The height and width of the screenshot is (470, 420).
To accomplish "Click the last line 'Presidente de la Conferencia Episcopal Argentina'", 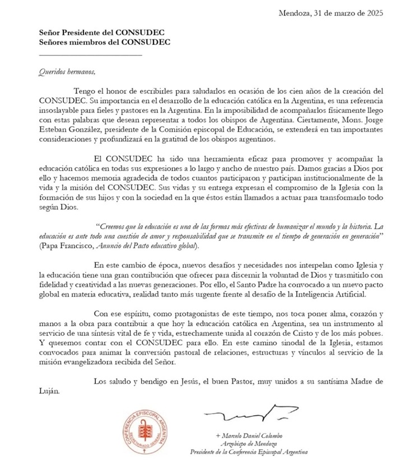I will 249,452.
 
